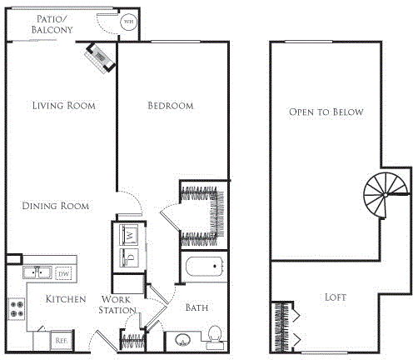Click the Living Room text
tap(63, 106)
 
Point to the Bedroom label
tap(170, 106)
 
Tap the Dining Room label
tap(56, 206)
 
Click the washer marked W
tap(132, 233)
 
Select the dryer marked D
tap(132, 256)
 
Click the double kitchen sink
tap(38, 272)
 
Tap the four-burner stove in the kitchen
tap(17, 309)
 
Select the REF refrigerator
tap(60, 340)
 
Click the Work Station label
tap(119, 304)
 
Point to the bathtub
tap(203, 269)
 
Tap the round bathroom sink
tap(183, 340)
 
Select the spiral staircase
tap(383, 197)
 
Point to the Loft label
tap(336, 297)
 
